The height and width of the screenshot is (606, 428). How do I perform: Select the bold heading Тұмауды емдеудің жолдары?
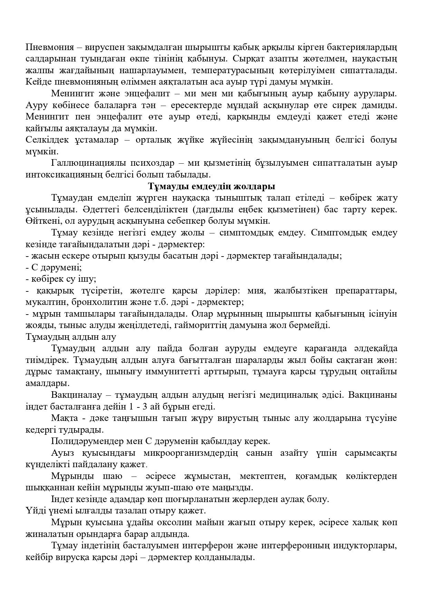click(x=212, y=186)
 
